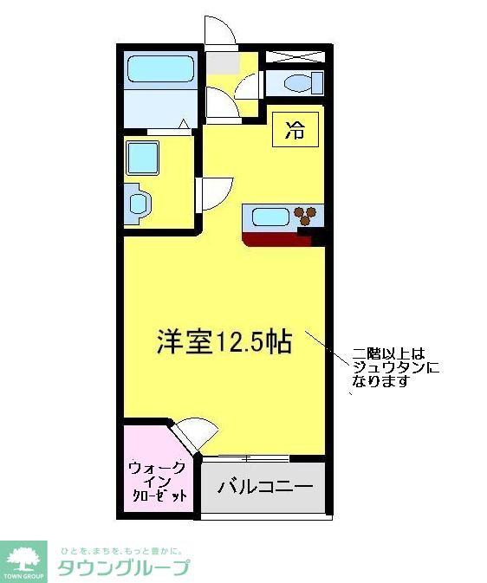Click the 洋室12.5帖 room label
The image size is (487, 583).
pos(224,341)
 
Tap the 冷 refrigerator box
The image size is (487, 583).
pos(295,131)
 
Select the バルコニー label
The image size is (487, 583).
pos(264,487)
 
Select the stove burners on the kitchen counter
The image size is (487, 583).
pos(306,216)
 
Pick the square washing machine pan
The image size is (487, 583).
pos(143,159)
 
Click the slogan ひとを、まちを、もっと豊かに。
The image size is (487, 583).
pos(120,550)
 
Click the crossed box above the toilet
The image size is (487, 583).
pos(295,57)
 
